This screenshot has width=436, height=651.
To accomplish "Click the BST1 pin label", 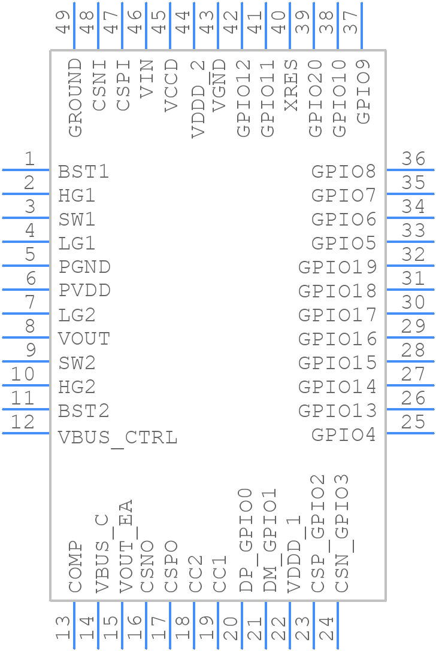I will click(x=84, y=172).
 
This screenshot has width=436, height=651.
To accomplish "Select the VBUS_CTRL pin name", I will click(x=117, y=437).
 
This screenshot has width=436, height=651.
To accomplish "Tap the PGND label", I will click(x=84, y=267).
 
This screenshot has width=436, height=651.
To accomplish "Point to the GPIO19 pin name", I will click(x=337, y=267).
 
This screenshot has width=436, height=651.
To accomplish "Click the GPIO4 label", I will click(x=343, y=435).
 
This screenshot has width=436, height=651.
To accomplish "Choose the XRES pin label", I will click(x=291, y=85).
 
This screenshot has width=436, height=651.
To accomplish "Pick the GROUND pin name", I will click(x=75, y=98).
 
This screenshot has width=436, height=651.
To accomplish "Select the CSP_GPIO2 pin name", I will click(x=317, y=534).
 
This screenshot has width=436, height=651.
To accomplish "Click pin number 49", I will click(x=63, y=22).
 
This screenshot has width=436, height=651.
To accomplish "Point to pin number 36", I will click(x=413, y=159).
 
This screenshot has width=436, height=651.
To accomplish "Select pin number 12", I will click(x=23, y=422).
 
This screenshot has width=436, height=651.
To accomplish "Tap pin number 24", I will click(x=326, y=628).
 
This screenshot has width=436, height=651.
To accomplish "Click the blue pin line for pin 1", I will click(x=26, y=170).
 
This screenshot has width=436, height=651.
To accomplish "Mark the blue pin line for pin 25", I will click(x=410, y=433).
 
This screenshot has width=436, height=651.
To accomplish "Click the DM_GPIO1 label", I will click(x=270, y=540).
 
